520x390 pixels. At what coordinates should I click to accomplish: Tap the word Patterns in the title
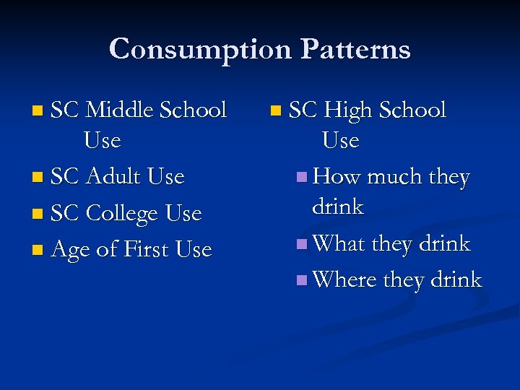[x=356, y=49]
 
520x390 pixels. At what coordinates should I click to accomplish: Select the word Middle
[x=119, y=110]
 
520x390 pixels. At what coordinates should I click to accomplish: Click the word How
[x=337, y=177]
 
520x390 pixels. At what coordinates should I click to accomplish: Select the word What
[x=339, y=244]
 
